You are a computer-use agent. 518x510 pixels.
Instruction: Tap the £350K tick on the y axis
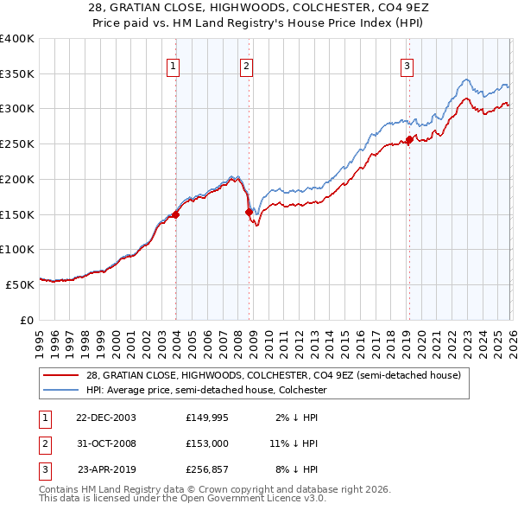17,73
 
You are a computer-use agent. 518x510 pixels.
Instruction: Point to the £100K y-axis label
17,249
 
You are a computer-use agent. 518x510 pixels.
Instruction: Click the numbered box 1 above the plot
174,65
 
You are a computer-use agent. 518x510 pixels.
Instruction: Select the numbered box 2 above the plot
246,65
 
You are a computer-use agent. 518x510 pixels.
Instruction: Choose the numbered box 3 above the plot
407,65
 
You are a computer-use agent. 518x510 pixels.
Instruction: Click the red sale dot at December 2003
176,214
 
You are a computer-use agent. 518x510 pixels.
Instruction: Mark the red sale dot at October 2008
250,212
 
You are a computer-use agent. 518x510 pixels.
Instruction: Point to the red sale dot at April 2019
409,139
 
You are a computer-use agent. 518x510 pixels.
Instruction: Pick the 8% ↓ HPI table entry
294,470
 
